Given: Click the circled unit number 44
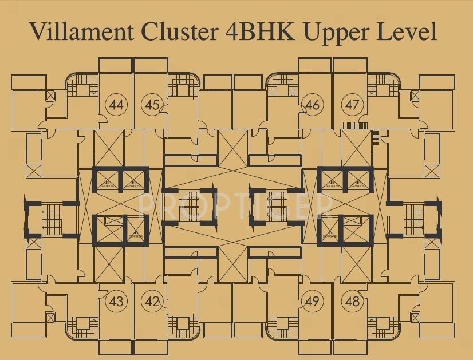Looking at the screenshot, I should [x=117, y=105].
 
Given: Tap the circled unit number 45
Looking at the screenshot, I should [x=152, y=105].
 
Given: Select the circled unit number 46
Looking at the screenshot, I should [x=312, y=105].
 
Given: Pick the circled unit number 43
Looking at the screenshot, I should [x=117, y=300].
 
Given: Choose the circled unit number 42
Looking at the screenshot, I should [x=152, y=300].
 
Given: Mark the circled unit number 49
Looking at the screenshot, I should [x=312, y=300].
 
